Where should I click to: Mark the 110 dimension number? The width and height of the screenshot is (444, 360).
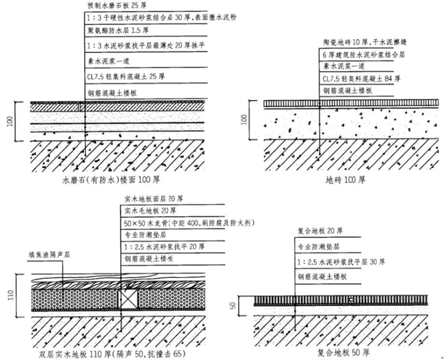pyautogui.click(x=10, y=295)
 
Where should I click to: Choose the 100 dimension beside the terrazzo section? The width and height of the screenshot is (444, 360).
pyautogui.click(x=10, y=121)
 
